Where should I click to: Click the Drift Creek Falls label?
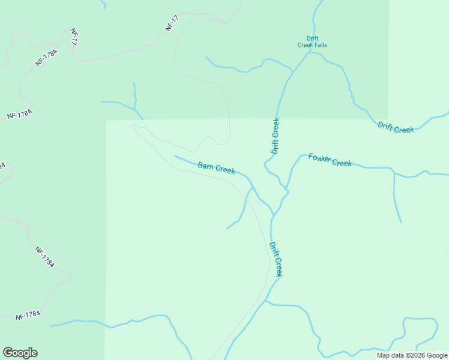point(312,41)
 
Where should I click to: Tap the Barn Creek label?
point(216,167)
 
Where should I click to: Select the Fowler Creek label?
point(330,160)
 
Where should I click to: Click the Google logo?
point(20,353)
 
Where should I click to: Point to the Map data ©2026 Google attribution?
point(412,355)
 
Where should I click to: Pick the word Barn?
point(206,165)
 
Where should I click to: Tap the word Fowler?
point(320,158)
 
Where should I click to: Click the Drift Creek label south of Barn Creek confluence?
point(276,259)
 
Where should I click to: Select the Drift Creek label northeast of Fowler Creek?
point(396,127)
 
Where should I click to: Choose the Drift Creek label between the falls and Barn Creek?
point(276,136)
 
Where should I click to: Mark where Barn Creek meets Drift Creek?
point(274,213)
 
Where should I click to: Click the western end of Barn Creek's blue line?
point(175,156)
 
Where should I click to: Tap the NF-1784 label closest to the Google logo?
point(28,314)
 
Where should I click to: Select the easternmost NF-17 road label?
point(172,24)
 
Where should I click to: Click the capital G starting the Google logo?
point(8,352)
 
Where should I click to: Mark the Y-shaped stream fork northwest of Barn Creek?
point(135,107)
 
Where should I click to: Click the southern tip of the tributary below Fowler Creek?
point(401,222)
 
